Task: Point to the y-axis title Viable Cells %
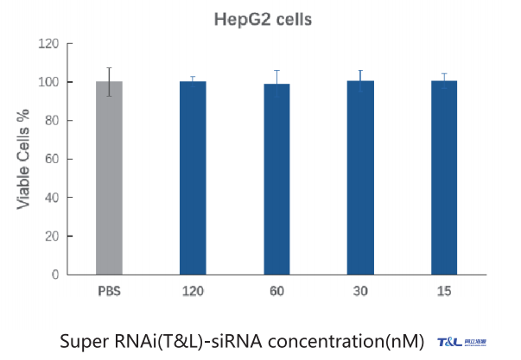coord(23,157)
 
